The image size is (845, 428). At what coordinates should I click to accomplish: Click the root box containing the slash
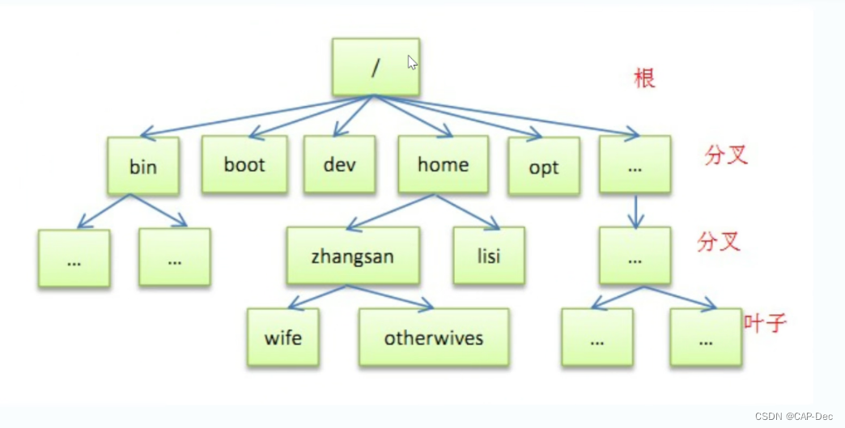coord(375,66)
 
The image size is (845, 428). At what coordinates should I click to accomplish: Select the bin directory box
coord(143,166)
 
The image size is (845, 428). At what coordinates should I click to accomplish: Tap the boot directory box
coord(244,164)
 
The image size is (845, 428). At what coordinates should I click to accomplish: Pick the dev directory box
coord(339,164)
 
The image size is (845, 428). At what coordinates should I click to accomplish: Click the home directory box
coord(443,164)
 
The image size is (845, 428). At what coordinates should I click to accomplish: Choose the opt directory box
coord(544,167)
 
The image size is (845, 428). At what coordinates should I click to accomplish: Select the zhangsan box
coord(352,256)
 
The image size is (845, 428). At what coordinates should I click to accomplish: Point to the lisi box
coord(489,256)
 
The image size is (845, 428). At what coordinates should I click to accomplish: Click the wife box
coord(282,337)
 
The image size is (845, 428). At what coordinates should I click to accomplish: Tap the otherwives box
coord(434,337)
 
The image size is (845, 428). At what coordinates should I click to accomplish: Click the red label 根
coord(644,78)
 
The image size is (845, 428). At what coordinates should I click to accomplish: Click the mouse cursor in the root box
coord(412,62)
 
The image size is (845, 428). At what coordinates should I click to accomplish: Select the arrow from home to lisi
coord(470,212)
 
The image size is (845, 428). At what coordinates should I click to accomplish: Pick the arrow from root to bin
coord(257,116)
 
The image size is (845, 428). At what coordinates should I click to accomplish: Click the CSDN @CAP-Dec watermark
coord(793,416)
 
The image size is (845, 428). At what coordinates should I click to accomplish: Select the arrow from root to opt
coord(457,117)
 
